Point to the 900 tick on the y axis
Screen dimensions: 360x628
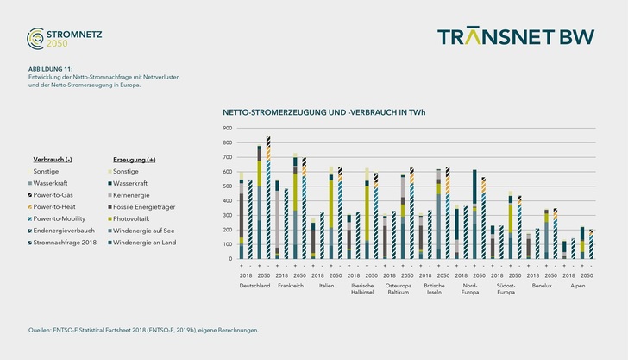click(228, 129)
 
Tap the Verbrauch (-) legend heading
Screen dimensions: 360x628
click(52, 160)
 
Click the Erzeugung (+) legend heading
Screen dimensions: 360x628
click(133, 160)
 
